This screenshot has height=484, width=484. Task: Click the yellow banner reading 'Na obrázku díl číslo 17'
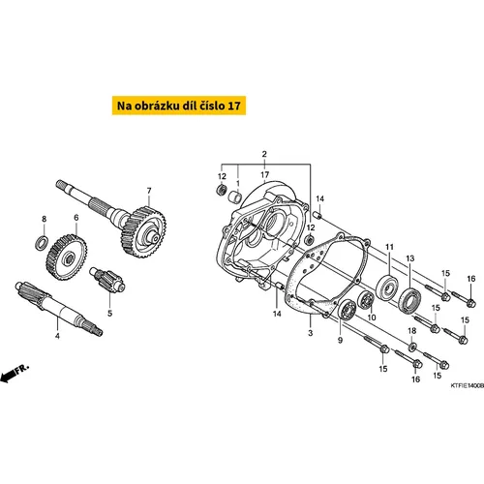pos(179,106)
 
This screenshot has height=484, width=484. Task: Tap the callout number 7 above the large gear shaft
pos(149,191)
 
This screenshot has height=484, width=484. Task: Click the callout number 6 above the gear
pos(76,218)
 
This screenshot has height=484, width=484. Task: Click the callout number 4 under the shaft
pos(57,336)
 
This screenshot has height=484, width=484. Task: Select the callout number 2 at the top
pos(264,154)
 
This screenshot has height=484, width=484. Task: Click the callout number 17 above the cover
pos(265,175)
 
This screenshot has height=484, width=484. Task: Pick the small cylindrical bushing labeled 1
pos(235,196)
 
